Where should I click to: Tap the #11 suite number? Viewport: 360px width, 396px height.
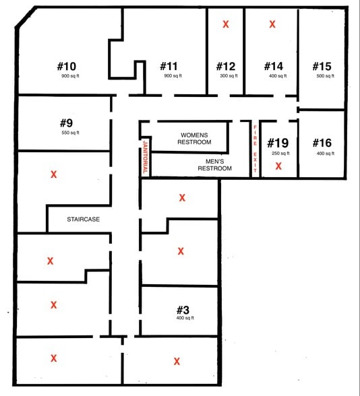coord(169,66)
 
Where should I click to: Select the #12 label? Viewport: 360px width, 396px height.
coord(225,66)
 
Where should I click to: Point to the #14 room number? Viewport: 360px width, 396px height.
coord(273,66)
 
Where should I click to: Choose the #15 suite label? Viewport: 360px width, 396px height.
coord(322,66)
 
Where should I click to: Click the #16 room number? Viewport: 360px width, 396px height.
coord(322,143)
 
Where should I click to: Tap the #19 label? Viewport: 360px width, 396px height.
coord(278,143)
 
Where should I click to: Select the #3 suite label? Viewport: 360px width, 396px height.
coord(183,310)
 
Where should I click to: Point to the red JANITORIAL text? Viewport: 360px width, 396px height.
coord(145,157)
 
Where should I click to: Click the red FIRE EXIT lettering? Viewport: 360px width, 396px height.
coord(255,150)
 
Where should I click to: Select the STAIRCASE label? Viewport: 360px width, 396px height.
coord(84,219)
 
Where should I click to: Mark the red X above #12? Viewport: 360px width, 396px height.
coord(226,24)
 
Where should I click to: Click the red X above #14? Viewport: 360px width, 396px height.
coord(272,24)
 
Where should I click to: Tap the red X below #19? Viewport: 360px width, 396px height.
coord(278,166)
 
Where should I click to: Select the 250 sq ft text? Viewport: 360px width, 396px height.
coord(280,153)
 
